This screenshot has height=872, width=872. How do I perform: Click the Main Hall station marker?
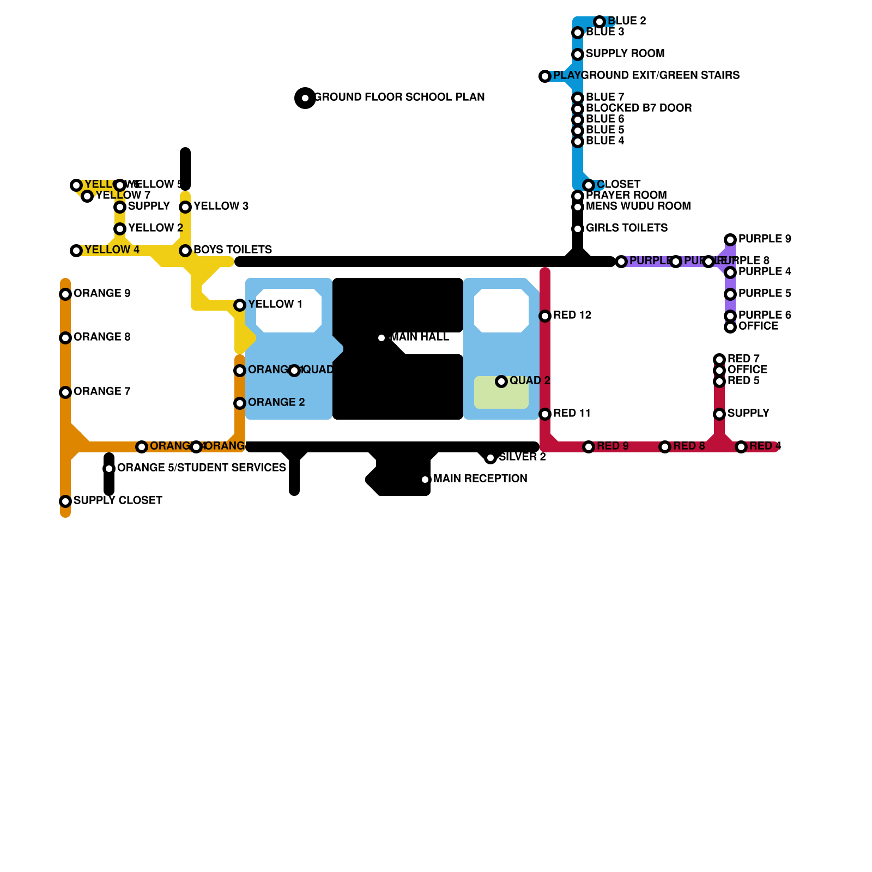[x=381, y=338]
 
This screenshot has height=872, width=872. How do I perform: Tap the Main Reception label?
[x=480, y=479]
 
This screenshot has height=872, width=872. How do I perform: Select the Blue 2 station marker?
[x=599, y=22]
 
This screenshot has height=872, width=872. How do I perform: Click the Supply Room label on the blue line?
[x=625, y=53]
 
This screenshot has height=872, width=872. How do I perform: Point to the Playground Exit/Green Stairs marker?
[x=545, y=76]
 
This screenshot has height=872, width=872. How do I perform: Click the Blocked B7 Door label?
[x=639, y=108]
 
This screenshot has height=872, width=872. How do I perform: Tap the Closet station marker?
[x=589, y=185]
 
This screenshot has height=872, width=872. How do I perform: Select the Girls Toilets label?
[x=627, y=228]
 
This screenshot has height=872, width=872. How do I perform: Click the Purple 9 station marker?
[x=730, y=240]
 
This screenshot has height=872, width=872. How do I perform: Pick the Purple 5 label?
[x=765, y=293]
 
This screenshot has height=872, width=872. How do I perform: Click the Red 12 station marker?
[x=545, y=316]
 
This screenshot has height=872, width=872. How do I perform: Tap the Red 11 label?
[x=572, y=413]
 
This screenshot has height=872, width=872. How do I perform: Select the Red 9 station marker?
[x=589, y=447]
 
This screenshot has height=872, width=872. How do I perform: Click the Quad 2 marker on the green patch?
[x=501, y=381]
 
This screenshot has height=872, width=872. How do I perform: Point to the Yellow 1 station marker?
[x=240, y=305]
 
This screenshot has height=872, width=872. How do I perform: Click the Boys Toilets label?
[x=233, y=250]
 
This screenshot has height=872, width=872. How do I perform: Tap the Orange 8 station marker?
[x=65, y=338]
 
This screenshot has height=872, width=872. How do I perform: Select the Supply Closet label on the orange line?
[x=118, y=500]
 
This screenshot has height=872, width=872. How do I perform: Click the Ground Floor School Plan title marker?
[x=305, y=98]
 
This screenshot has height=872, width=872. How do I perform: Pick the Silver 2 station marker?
[x=491, y=458]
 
